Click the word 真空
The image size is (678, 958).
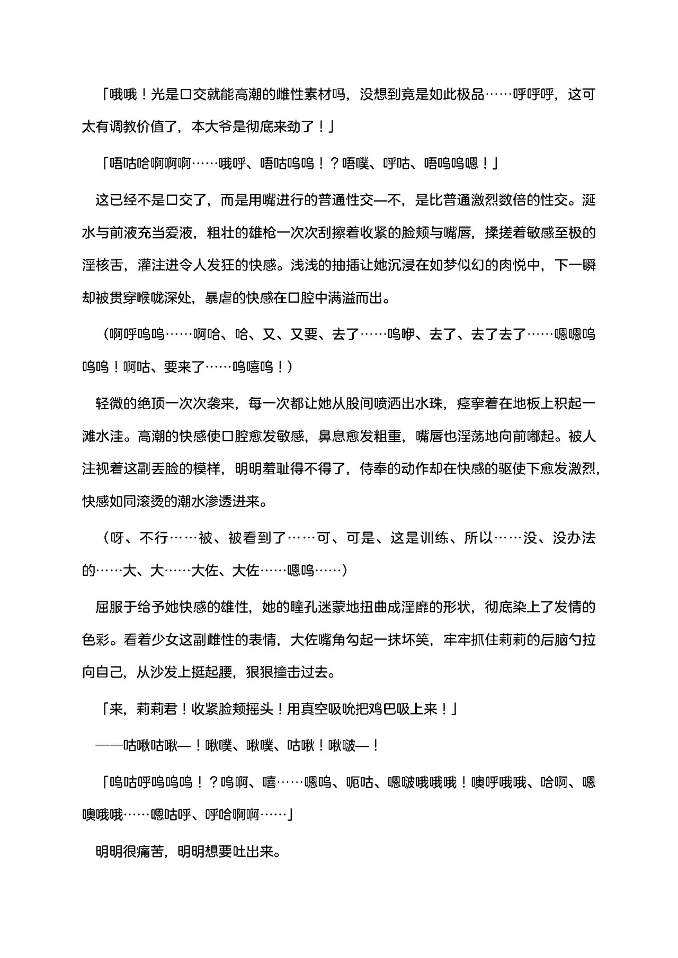coord(314,709)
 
